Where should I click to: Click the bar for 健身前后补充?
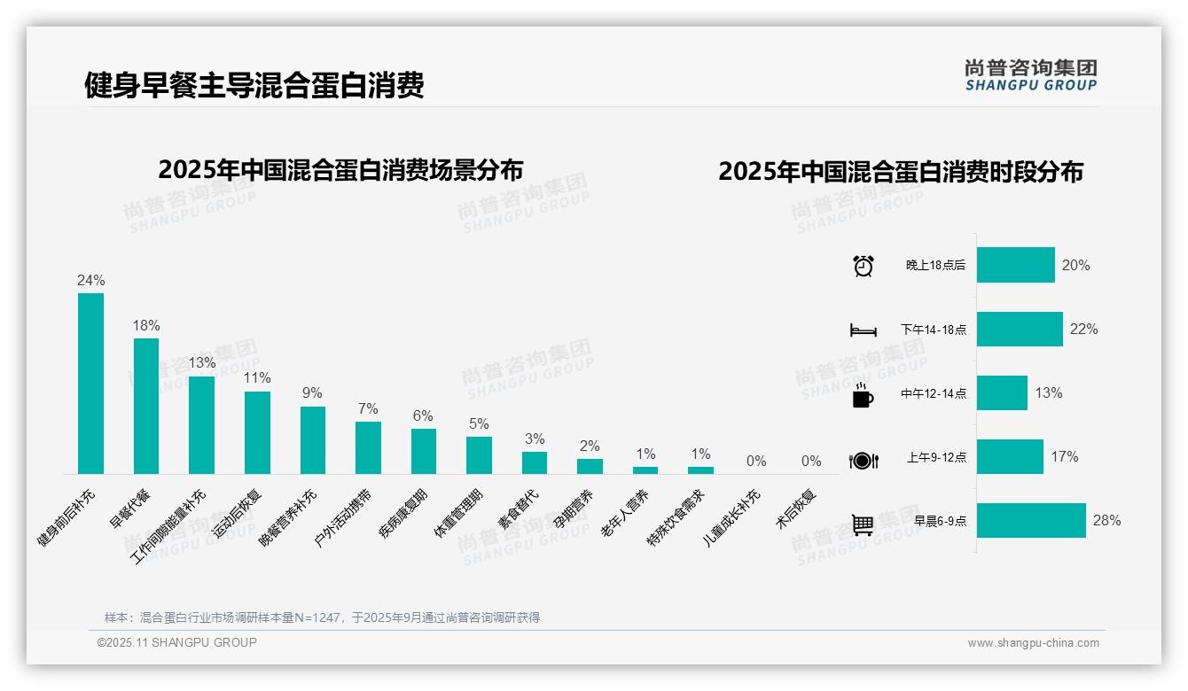pos(90,384)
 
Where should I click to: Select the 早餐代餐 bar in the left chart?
pos(146,406)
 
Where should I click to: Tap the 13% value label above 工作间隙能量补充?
pos(201,363)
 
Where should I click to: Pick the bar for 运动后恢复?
pos(257,432)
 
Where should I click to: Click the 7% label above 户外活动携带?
pos(368,408)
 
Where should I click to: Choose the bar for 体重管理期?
pos(479,455)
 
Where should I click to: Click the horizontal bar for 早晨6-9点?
pos(1031,521)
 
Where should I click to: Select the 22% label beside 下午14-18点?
pos(1083,330)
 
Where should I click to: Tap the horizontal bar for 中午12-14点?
pos(1002,393)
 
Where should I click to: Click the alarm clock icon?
pos(863,266)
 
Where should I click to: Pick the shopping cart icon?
pos(863,524)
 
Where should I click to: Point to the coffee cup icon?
pos(863,396)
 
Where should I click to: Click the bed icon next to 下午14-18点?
pos(863,330)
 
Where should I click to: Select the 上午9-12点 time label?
pos(936,458)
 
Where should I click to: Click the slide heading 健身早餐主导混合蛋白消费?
pos(254,85)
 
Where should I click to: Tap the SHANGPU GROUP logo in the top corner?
pos(1030,75)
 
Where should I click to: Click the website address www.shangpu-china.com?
pos(1033,643)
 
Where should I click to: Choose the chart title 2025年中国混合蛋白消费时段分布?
pos(901,172)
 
